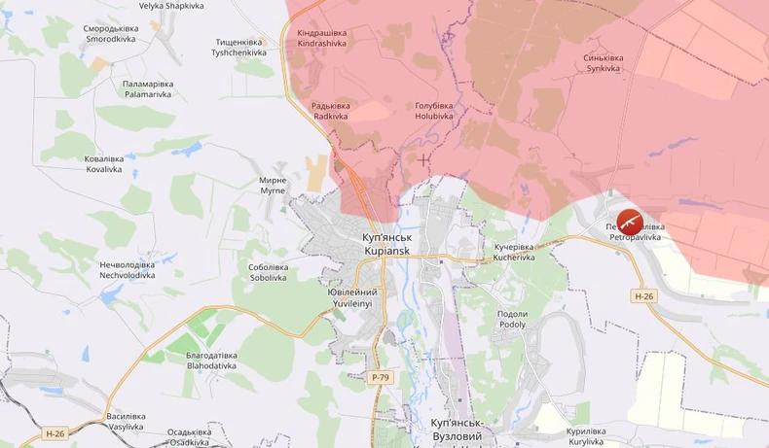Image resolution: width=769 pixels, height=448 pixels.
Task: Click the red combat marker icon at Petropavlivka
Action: point(630,221)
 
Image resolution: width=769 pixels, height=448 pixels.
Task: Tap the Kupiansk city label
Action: point(386,244)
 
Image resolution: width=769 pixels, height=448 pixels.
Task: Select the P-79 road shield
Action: point(382,376)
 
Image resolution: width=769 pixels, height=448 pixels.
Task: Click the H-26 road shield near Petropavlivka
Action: point(643,295)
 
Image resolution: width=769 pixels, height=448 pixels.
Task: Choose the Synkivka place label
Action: point(604,63)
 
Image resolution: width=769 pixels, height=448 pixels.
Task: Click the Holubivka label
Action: point(434,111)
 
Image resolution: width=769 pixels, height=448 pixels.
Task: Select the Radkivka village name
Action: point(330,111)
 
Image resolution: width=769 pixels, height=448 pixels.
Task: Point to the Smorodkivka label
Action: point(111,34)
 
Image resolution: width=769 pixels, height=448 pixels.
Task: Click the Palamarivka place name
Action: point(147,89)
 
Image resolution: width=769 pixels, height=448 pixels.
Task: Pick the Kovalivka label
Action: point(103,163)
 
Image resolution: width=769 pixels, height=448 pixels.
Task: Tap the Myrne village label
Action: point(273,185)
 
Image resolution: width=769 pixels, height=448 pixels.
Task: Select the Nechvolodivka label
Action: point(127,269)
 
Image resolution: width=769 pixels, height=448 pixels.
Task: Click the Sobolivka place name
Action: point(268,272)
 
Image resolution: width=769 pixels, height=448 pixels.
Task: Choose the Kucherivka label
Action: point(514,253)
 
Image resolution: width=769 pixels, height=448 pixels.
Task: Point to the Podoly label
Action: point(512,319)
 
